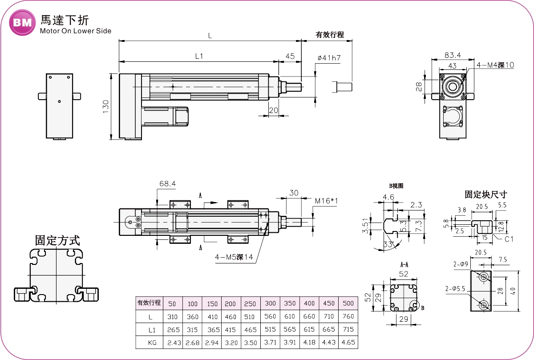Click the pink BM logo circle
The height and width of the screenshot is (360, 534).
click(22, 23)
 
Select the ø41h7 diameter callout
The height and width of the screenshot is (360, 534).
click(329, 58)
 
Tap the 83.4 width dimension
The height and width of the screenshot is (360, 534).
click(453, 55)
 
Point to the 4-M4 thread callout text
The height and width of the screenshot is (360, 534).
click(495, 65)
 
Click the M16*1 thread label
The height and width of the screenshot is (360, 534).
click(326, 201)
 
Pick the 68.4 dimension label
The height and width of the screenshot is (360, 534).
click(167, 183)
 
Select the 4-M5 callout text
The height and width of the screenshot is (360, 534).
click(234, 257)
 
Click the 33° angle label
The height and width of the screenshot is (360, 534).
click(388, 244)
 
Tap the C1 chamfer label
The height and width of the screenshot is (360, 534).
click(509, 239)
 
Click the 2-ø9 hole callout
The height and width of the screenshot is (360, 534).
click(461, 264)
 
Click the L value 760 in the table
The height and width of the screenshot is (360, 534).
click(348, 316)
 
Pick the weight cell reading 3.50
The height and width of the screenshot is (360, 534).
click(250, 342)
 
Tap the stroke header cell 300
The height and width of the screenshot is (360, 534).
click(270, 303)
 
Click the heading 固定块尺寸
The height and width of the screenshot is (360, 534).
click(486, 194)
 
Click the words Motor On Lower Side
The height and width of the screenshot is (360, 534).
click(76, 31)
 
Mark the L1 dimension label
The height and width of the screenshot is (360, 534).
click(199, 57)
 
